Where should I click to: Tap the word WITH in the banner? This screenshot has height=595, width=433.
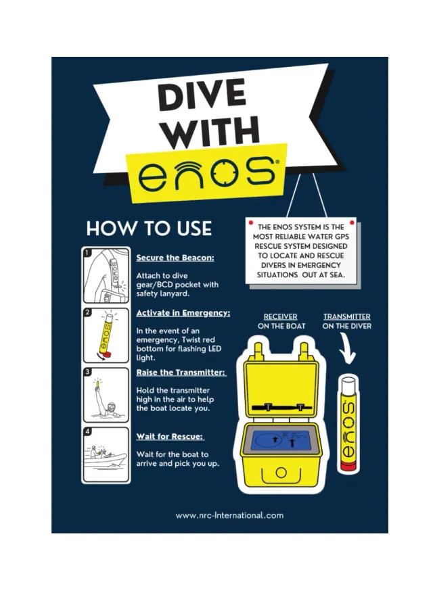[212, 132]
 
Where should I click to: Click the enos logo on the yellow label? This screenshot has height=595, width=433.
[206, 173]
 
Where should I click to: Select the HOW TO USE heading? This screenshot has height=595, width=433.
[149, 229]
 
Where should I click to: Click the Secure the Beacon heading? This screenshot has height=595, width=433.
[175, 258]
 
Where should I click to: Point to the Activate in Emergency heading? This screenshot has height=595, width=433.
[183, 313]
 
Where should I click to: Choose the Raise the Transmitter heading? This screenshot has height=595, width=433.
[181, 373]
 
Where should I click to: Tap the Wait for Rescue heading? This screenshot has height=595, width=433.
[170, 436]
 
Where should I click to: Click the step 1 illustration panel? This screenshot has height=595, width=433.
[106, 275]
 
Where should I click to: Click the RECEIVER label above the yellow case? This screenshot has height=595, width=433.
[281, 316]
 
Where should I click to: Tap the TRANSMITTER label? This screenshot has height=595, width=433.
[347, 316]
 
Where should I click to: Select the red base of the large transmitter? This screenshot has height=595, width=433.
[348, 466]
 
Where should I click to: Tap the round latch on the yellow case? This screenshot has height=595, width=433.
[281, 473]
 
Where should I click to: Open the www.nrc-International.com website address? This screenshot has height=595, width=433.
[229, 515]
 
